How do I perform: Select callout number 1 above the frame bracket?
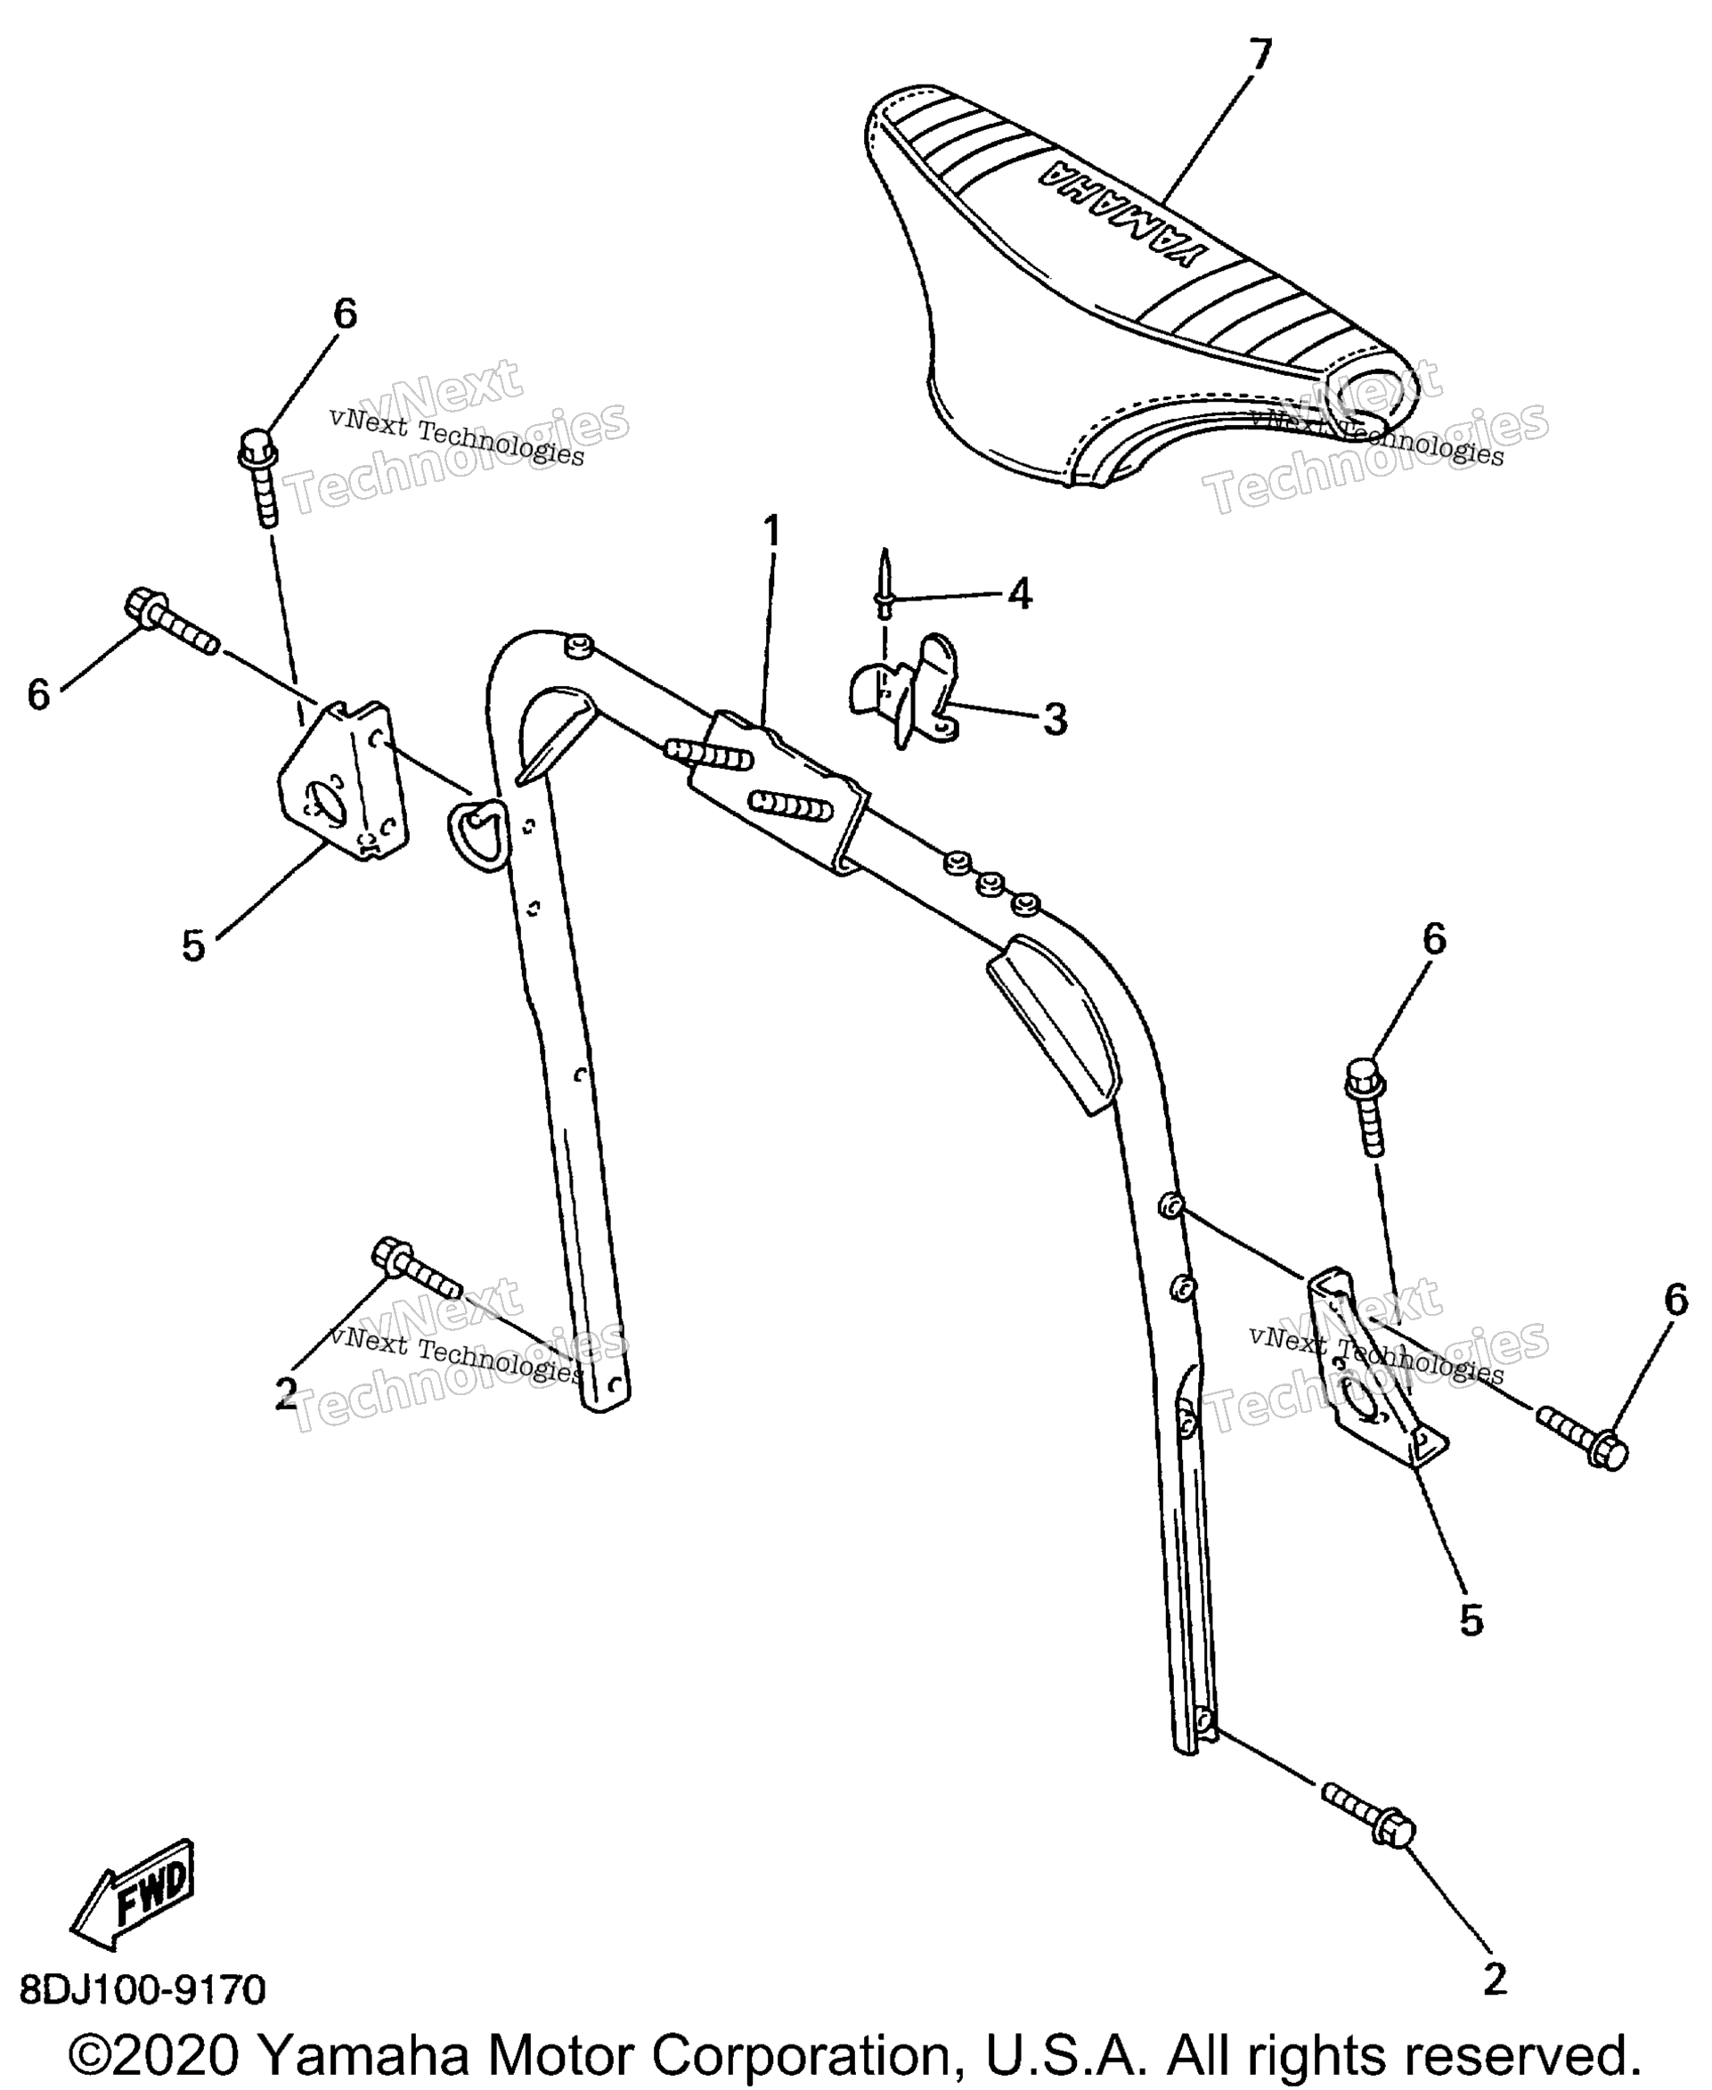[x=772, y=532]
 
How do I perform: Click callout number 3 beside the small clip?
[x=1056, y=720]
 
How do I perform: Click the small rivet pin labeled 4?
[x=885, y=583]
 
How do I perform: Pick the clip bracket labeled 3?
[x=902, y=690]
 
